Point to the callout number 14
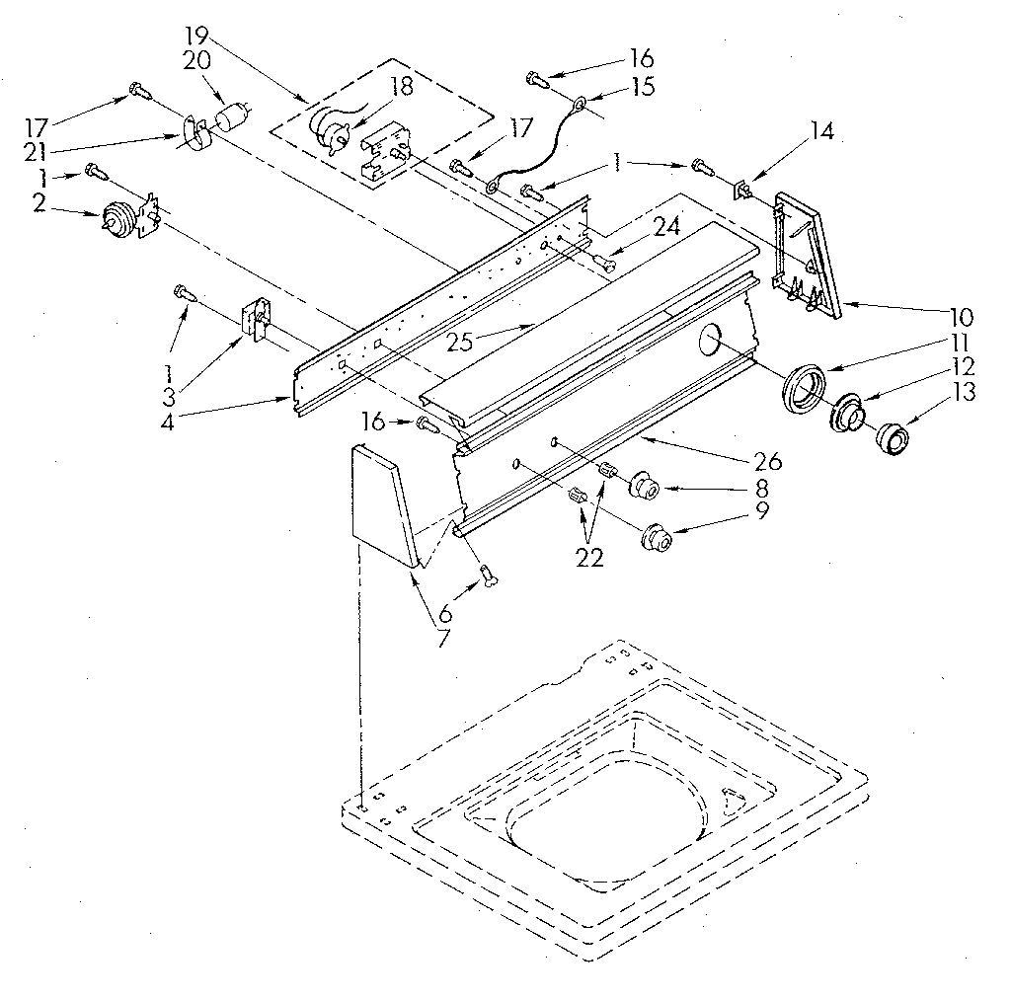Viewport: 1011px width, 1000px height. pyautogui.click(x=820, y=131)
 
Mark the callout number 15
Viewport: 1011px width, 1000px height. pyautogui.click(x=643, y=88)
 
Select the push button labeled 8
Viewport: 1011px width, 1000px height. pyautogui.click(x=645, y=487)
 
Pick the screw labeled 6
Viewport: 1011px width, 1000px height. pyautogui.click(x=486, y=574)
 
